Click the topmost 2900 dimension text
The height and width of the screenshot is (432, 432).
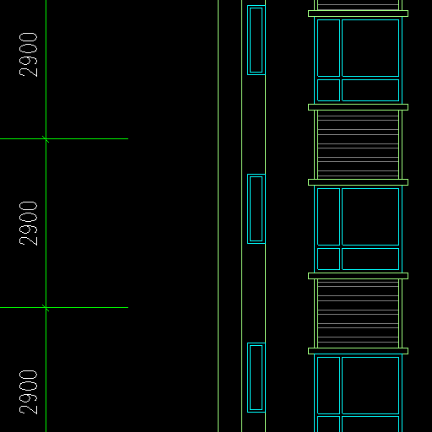(28, 55)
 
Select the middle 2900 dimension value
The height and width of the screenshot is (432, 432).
(28, 224)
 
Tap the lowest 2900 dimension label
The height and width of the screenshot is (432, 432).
(28, 392)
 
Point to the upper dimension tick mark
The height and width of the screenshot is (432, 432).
(46, 139)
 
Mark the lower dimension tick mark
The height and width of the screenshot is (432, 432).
(46, 308)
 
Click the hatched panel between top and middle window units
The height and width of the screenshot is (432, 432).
(358, 144)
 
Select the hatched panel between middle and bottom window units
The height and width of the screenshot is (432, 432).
(358, 313)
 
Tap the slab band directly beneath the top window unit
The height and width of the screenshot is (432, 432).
(358, 107)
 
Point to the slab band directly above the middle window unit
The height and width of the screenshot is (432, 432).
(358, 182)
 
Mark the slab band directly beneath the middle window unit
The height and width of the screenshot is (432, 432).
(358, 276)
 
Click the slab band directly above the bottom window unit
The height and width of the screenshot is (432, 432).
(358, 351)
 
